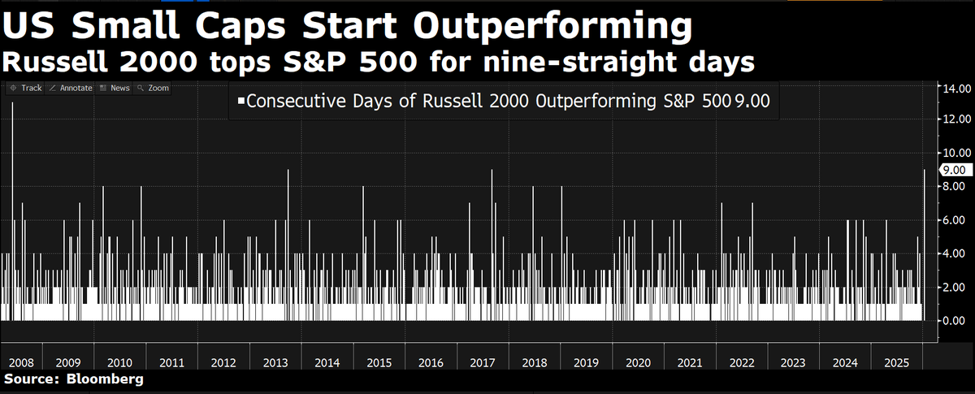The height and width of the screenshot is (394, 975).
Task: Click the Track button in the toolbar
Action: point(27,88)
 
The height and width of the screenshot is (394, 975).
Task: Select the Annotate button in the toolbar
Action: point(71,88)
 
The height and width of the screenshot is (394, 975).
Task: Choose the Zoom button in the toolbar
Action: point(154,88)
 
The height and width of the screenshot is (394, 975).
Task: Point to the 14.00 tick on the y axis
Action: point(952,88)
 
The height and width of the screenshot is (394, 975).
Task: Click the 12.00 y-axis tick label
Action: point(952,119)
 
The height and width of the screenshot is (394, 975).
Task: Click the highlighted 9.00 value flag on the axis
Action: point(952,170)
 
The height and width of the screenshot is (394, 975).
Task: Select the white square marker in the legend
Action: point(240,102)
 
